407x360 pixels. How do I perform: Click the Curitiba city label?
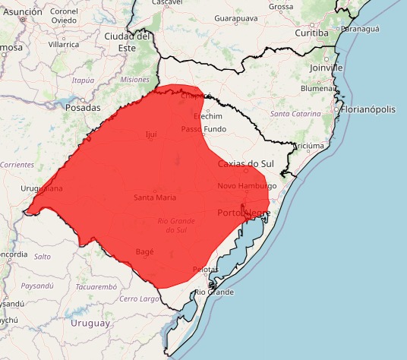pos(311,33)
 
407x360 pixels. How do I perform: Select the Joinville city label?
pos(327,67)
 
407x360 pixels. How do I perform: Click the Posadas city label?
pos(83,108)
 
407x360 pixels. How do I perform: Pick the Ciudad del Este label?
pos(128,41)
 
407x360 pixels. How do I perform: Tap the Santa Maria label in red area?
pos(155,197)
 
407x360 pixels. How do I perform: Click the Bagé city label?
pos(144,251)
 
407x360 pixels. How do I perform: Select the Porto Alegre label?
pos(244,212)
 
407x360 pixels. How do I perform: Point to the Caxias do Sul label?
pos(245,164)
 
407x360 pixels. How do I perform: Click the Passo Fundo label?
pos(204,129)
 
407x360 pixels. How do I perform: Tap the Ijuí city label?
pos(151,134)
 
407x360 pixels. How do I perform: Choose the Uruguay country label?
pos(90,323)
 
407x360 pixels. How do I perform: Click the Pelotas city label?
pos(205,269)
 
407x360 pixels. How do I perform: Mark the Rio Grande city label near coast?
pos(214,292)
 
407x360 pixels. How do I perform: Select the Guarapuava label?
pos(236,17)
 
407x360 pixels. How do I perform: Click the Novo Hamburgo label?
pos(247,186)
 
